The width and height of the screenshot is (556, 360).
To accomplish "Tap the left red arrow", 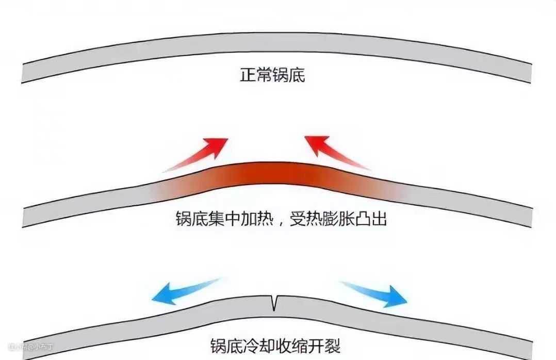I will click(x=199, y=153).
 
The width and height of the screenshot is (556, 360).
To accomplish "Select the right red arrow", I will click(x=336, y=152).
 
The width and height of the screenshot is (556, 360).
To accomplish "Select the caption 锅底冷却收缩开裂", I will click(x=275, y=345).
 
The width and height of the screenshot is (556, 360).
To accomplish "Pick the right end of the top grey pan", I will click(x=526, y=72).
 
